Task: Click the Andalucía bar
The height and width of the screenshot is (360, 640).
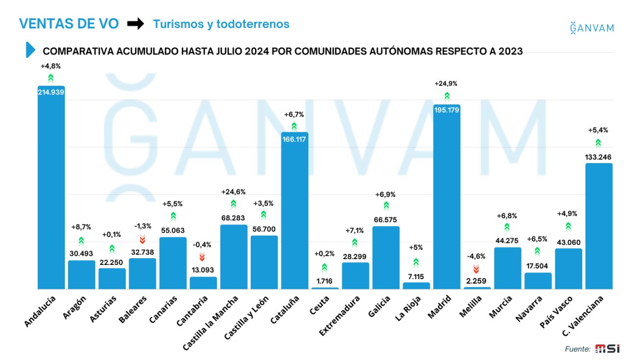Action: point(51,188)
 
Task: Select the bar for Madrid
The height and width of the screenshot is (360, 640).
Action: point(447,197)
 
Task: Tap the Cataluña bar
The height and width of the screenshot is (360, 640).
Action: point(295,211)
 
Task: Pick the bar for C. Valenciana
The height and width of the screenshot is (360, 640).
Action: point(599,226)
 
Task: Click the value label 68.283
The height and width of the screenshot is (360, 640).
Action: point(233,218)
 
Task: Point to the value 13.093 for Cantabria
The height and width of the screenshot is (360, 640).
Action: point(203,270)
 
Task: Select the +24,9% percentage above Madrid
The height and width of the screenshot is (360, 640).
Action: point(446,84)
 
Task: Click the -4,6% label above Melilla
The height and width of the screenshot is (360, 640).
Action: point(476,256)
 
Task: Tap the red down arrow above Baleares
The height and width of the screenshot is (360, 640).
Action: point(142,239)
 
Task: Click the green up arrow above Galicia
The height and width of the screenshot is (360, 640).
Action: point(386,206)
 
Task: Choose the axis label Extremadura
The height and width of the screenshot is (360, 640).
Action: point(340,316)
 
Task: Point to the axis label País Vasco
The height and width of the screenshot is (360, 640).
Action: point(556,312)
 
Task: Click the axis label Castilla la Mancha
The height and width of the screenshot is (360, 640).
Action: point(211,323)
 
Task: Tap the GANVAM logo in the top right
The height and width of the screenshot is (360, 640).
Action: point(592,28)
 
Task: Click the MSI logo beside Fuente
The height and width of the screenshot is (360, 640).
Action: point(607,349)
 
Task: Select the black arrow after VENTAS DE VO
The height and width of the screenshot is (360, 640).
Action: point(136,24)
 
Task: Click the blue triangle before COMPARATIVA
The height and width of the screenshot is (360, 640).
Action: point(30,50)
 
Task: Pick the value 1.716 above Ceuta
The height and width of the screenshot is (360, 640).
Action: point(324,281)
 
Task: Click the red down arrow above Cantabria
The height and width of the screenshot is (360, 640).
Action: point(202,257)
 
